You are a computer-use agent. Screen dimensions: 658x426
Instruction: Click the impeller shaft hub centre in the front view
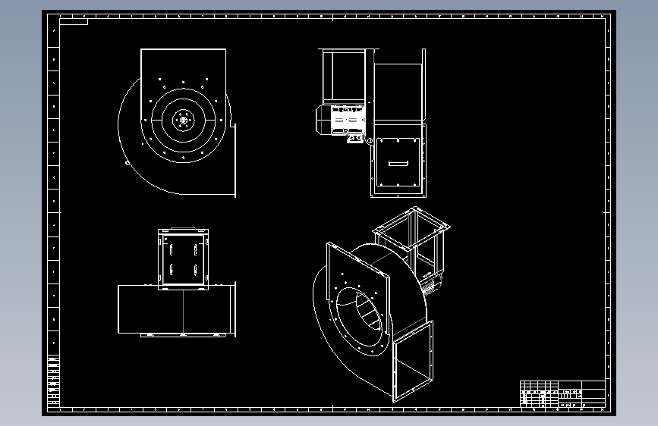[x=183, y=118]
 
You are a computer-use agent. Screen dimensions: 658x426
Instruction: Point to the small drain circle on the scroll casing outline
[x=127, y=161]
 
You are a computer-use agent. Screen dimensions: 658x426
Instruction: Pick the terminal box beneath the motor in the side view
[x=354, y=138]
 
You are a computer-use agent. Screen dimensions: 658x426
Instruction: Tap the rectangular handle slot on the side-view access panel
[x=398, y=162]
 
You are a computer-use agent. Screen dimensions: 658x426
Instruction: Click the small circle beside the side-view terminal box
[x=370, y=140]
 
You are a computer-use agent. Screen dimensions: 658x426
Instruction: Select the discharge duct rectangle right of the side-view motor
[x=398, y=92]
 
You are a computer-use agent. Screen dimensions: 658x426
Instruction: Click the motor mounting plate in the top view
[x=183, y=258]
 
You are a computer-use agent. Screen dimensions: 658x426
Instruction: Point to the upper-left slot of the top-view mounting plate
[x=172, y=249]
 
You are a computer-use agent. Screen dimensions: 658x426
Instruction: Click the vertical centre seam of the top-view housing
[x=183, y=311]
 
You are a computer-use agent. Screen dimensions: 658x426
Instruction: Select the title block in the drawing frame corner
[x=562, y=394]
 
